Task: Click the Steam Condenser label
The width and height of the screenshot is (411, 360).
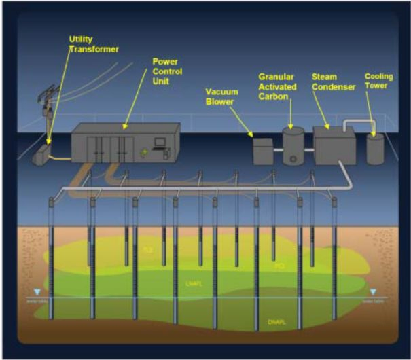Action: pyautogui.click(x=334, y=82)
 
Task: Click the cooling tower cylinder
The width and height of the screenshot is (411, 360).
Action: pyautogui.click(x=374, y=148)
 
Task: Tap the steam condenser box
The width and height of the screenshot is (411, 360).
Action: pyautogui.click(x=334, y=145)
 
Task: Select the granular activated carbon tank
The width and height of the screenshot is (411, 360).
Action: pyautogui.click(x=293, y=147)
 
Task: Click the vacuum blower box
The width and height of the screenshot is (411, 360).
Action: pyautogui.click(x=262, y=151)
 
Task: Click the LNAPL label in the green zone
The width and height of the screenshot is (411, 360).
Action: pyautogui.click(x=192, y=282)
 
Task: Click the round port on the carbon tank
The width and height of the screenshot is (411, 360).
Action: pyautogui.click(x=292, y=159)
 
